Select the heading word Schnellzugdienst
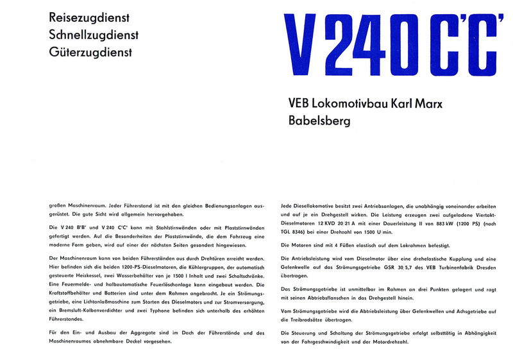tap(94, 35)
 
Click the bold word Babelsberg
tap(319, 120)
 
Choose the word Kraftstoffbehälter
tap(71, 293)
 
